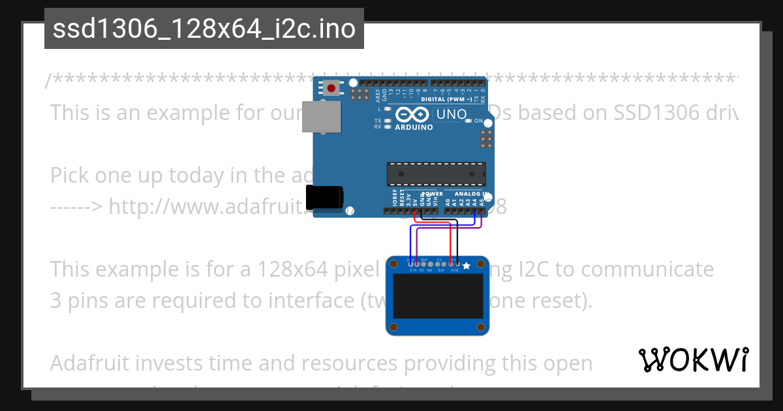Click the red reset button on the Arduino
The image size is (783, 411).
(331, 88)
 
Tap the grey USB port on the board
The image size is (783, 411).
(321, 117)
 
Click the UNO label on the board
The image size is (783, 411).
(451, 114)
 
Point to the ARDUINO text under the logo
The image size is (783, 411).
(414, 127)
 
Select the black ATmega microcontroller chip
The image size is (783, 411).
(436, 173)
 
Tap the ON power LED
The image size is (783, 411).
(468, 121)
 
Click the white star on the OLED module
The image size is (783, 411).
(466, 266)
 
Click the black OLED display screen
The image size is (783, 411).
(437, 297)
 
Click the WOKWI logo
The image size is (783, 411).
(693, 359)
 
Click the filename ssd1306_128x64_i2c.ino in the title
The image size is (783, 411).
(204, 29)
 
